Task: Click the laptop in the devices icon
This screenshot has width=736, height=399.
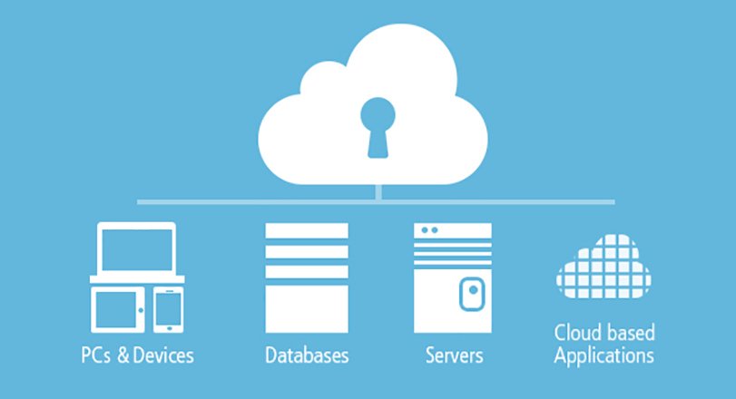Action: [136, 250]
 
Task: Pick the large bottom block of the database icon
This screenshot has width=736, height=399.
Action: [306, 308]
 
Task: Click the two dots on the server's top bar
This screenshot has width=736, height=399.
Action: [427, 231]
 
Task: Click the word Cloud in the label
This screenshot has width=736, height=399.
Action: [574, 333]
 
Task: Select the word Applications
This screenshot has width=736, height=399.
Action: [604, 355]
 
